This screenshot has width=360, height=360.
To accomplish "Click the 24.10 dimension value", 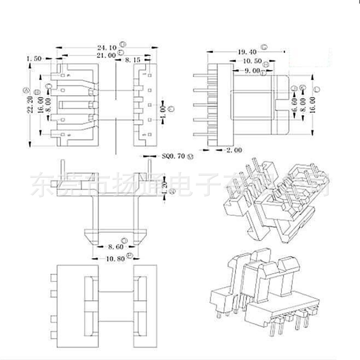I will point(107,47).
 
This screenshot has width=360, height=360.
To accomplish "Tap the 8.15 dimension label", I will point(132,60).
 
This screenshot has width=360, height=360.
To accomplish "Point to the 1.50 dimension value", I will point(34,58).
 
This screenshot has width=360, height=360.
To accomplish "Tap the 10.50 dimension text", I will point(252,61).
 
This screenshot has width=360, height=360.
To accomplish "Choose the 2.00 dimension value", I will point(234,150).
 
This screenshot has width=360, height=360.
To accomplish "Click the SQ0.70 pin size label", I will point(173,156).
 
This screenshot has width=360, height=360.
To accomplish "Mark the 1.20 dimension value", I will point(165,186).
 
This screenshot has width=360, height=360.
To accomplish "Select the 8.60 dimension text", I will point(115,247).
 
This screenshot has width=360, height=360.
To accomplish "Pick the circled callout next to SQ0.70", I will point(191,157).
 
